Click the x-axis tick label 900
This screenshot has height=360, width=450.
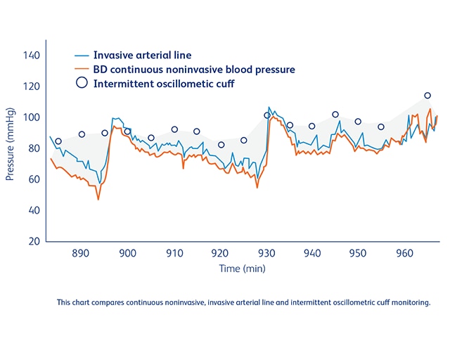[127, 253]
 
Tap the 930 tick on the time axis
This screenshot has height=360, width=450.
[266, 253]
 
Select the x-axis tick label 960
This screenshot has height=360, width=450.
[405, 253]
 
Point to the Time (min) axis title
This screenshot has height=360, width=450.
[242, 269]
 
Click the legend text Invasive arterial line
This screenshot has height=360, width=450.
[142, 55]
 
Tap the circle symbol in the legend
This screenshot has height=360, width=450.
[82, 83]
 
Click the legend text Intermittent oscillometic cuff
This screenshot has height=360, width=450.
[164, 84]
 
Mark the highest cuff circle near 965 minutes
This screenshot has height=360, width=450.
[427, 96]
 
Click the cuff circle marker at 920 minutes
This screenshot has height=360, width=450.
[221, 145]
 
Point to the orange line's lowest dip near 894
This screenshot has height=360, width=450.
[98, 199]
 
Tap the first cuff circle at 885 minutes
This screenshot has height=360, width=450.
[58, 141]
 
